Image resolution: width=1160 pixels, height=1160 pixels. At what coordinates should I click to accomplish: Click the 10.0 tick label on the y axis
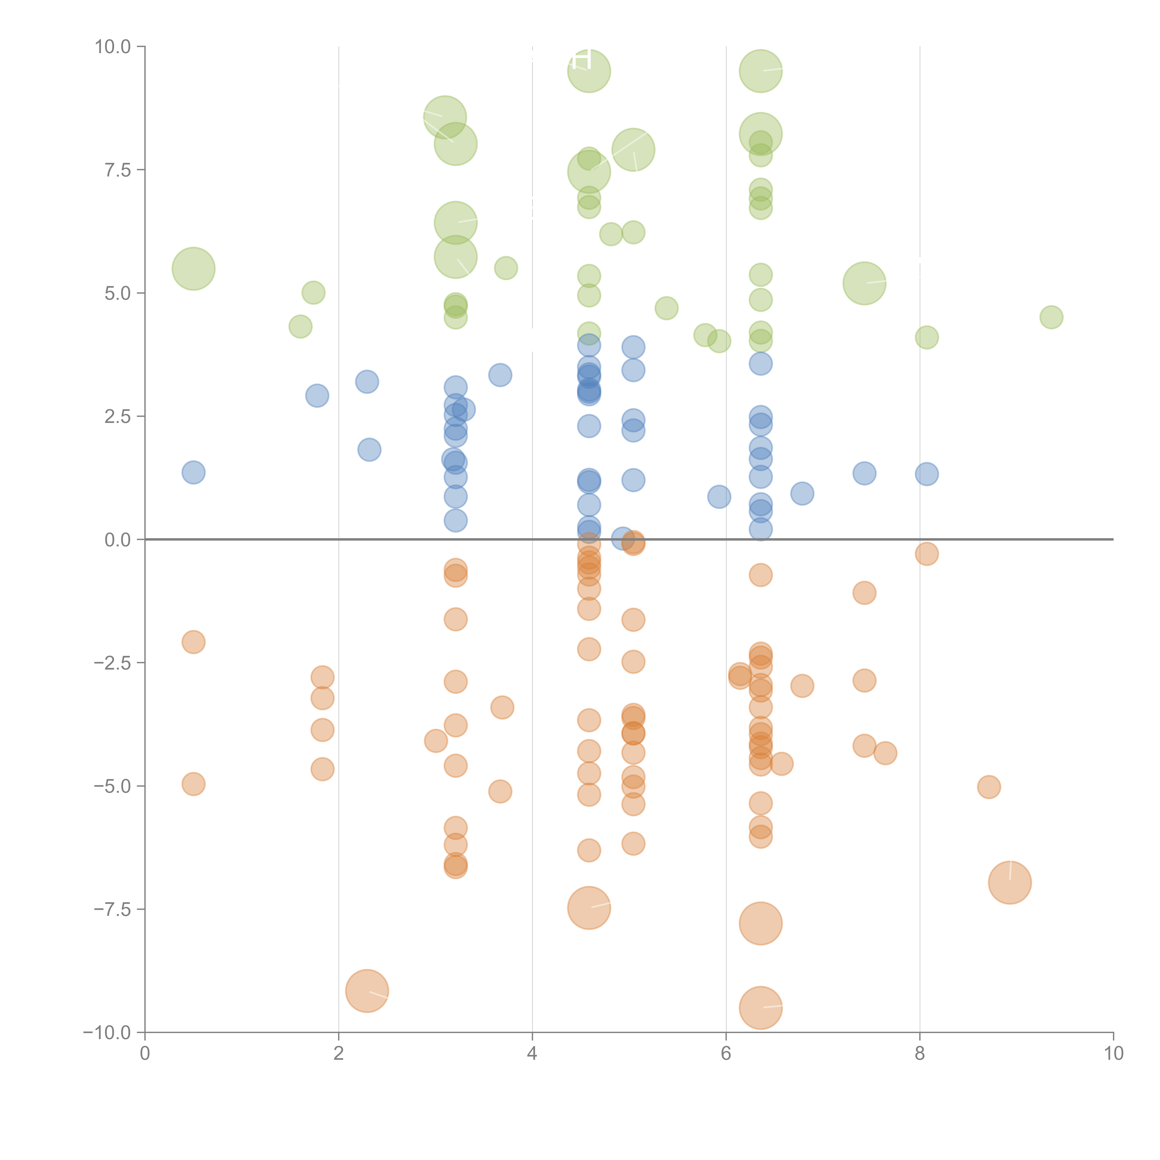pyautogui.click(x=113, y=47)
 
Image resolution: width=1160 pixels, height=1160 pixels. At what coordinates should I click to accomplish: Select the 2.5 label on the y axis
pyautogui.click(x=118, y=417)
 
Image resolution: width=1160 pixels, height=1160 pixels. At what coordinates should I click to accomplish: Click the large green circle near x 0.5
pyautogui.click(x=193, y=268)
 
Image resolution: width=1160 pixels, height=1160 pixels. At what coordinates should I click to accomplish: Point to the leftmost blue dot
pyautogui.click(x=193, y=473)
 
